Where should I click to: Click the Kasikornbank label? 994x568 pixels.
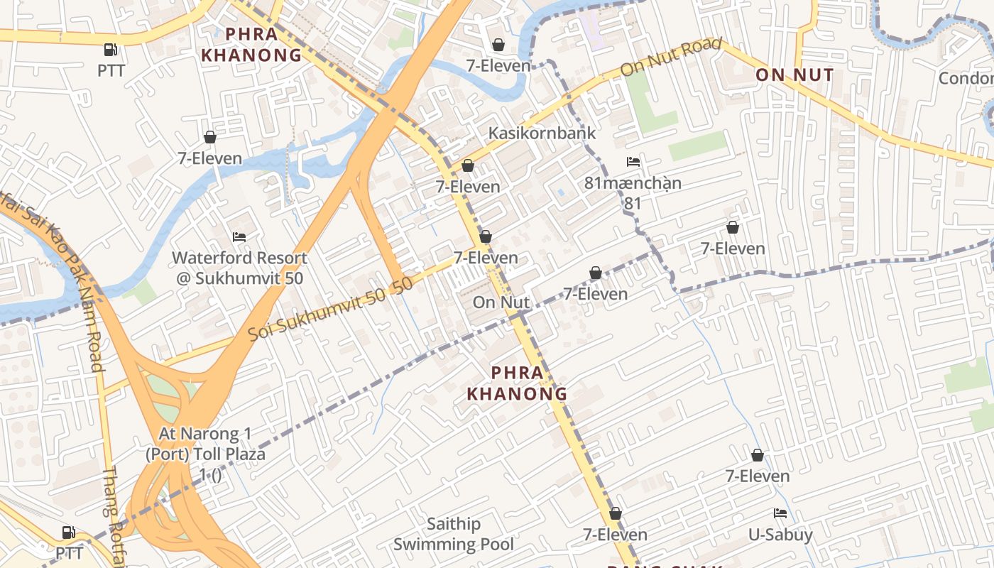(x=542, y=133)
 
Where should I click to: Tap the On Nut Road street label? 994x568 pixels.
(x=666, y=60)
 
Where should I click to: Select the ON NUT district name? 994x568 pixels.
(x=794, y=75)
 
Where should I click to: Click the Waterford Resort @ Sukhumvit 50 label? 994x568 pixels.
(x=240, y=268)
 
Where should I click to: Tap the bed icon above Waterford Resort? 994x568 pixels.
(x=239, y=236)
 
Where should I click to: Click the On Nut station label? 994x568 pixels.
(x=501, y=302)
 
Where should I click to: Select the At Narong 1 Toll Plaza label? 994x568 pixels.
(x=205, y=444)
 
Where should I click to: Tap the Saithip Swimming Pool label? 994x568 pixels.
(x=454, y=534)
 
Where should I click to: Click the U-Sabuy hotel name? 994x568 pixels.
(x=780, y=535)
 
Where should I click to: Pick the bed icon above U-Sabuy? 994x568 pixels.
(x=780, y=513)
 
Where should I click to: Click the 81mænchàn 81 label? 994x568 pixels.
(x=632, y=192)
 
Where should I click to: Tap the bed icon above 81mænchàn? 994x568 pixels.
(x=633, y=162)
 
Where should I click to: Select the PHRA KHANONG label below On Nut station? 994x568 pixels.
(x=517, y=383)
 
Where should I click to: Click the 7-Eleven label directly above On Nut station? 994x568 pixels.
(x=486, y=258)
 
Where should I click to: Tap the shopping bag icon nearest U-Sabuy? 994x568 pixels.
(x=758, y=455)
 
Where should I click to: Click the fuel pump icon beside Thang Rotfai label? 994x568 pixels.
(x=69, y=532)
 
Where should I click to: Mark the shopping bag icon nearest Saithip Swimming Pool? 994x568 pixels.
(x=616, y=513)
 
